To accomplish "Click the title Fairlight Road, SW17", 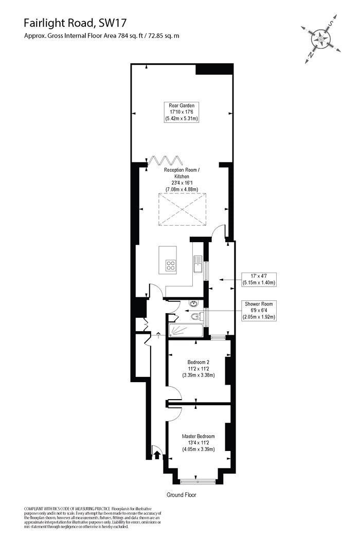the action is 75,23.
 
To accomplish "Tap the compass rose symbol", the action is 321,39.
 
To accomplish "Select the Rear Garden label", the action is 182,112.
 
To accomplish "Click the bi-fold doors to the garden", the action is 165,161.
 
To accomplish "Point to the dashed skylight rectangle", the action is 183,209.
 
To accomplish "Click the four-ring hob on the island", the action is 171,265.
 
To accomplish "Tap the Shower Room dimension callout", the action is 258,311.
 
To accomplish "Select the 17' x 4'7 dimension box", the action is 258,279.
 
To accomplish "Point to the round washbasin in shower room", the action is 194,303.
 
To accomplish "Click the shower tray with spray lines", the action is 185,330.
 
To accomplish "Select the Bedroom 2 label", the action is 199,369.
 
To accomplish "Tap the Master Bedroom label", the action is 199,442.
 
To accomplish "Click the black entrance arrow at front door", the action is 157,455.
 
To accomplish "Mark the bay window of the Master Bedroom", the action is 197,481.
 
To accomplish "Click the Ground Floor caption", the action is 181,495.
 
